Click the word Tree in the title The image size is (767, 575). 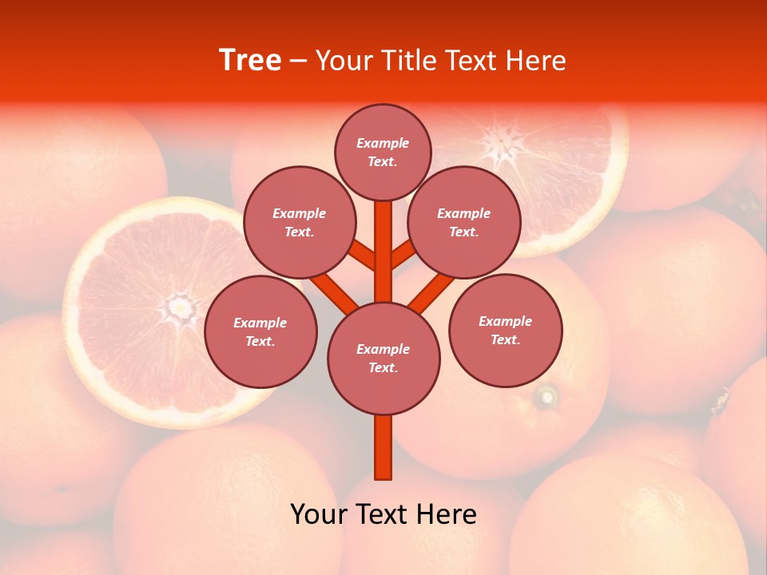(250, 60)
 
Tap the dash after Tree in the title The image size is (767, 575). (298, 61)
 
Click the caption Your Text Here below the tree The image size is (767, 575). (383, 514)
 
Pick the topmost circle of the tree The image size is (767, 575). (383, 152)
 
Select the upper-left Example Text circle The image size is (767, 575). (299, 222)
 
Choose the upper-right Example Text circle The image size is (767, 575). (464, 222)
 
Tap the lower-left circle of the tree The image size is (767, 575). (260, 331)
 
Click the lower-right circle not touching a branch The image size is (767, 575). (505, 330)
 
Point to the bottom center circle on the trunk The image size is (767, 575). (383, 359)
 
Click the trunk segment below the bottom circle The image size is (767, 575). (383, 447)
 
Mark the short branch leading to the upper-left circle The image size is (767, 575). (364, 256)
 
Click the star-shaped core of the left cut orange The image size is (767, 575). (181, 306)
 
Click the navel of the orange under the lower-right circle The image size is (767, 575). (547, 395)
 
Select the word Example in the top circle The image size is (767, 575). (383, 143)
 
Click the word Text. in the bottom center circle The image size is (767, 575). (383, 367)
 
